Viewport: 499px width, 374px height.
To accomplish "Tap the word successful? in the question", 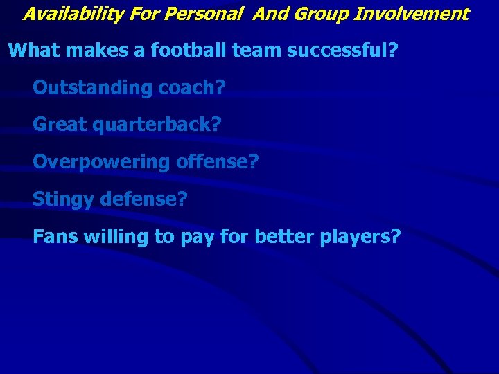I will pos(333,51).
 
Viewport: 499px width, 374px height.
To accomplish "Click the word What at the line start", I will pos(33,51).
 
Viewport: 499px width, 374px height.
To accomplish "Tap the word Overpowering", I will pos(101,163).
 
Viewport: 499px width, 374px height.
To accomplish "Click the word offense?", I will pos(217,163).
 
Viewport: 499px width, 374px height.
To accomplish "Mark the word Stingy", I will pos(64,200).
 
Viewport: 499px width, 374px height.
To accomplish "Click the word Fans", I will pos(55,238).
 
